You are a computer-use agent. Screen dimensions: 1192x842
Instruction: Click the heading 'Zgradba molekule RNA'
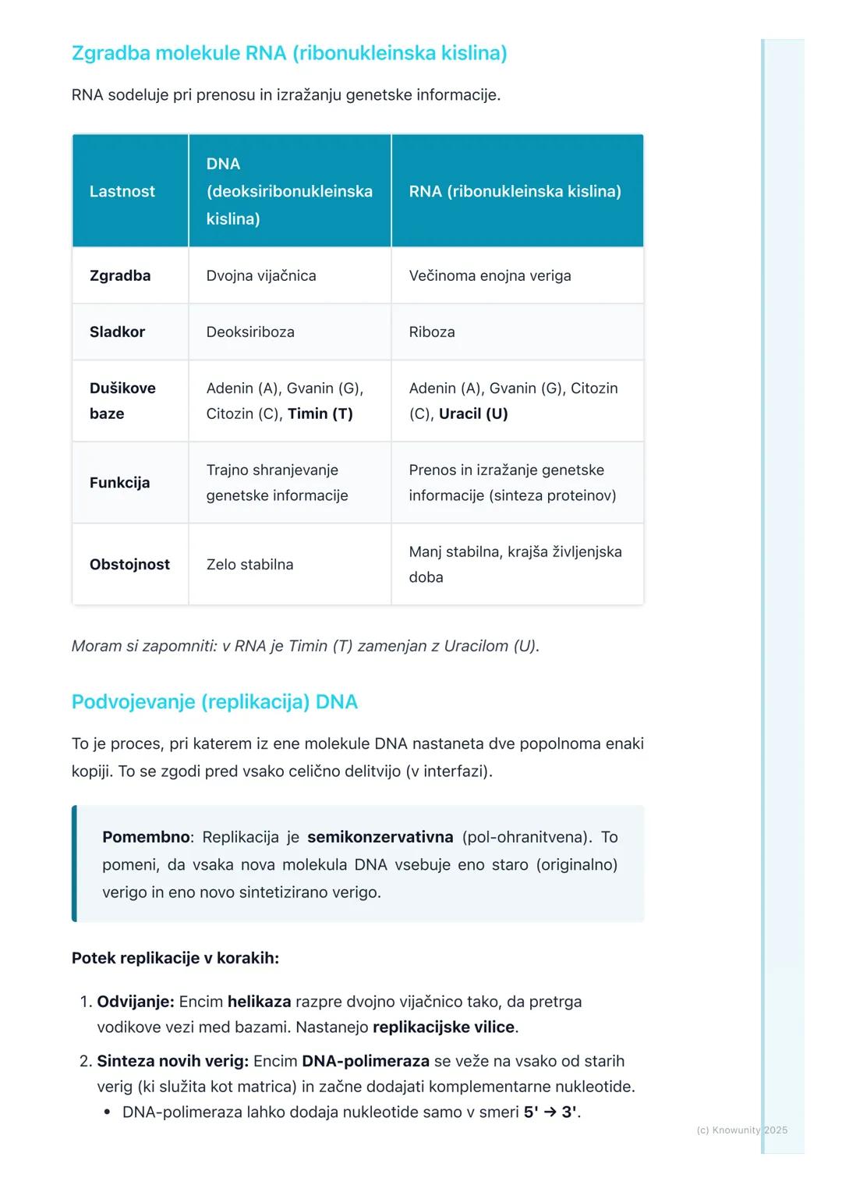(x=288, y=53)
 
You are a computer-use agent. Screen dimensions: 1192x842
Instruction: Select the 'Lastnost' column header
(x=122, y=191)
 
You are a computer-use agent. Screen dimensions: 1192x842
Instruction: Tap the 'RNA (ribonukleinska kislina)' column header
(x=515, y=191)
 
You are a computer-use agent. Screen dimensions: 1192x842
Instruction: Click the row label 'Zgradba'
(x=120, y=275)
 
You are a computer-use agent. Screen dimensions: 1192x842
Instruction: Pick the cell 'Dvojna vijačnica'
(x=261, y=275)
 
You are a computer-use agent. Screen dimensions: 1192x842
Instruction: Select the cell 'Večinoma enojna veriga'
(x=490, y=275)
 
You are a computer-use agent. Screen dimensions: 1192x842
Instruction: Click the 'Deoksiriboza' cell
(x=250, y=332)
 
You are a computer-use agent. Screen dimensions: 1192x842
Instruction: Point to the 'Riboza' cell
(x=432, y=332)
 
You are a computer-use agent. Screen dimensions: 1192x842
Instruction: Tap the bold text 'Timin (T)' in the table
(x=320, y=413)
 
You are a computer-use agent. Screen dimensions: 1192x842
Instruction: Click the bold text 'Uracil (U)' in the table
(x=473, y=413)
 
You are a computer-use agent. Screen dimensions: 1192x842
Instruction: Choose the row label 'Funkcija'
(x=119, y=482)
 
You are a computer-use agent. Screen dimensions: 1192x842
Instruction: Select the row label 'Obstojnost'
(x=129, y=564)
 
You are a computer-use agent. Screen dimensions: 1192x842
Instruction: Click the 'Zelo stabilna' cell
(x=249, y=564)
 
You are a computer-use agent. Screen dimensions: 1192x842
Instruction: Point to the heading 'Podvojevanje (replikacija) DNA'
(x=214, y=701)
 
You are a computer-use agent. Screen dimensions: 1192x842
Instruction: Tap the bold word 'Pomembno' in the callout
(x=146, y=837)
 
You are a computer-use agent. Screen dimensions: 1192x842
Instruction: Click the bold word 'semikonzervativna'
(x=380, y=837)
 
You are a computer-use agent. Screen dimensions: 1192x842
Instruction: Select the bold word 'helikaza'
(x=260, y=1001)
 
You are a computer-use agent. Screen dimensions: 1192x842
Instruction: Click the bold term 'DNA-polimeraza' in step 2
(x=366, y=1061)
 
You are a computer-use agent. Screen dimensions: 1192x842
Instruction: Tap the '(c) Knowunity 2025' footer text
(x=741, y=1130)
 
